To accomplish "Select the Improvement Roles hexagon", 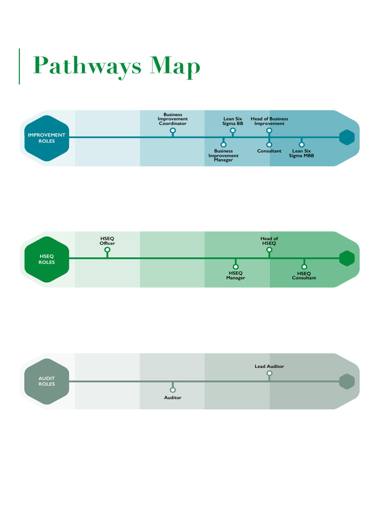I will click(47, 138).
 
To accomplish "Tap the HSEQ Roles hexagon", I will click(47, 259).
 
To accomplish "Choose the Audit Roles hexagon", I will click(47, 381).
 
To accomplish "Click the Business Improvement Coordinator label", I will click(173, 119).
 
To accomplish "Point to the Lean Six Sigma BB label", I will click(232, 121).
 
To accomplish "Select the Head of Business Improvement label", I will click(269, 121).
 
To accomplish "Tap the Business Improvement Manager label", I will click(223, 155).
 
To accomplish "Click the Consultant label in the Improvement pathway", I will click(269, 151).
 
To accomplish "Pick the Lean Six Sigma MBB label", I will click(301, 153).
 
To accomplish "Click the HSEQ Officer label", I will click(107, 241).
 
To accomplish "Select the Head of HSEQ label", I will click(269, 241).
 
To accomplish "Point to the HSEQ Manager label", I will click(235, 275).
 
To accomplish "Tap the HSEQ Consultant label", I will click(303, 275).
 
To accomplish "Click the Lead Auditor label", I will click(269, 366).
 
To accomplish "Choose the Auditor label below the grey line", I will click(173, 397).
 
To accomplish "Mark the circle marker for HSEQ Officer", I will click(107, 250).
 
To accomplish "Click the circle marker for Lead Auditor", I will click(269, 373).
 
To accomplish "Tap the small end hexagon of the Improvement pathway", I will click(347, 138).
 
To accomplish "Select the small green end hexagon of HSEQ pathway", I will click(347, 258).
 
